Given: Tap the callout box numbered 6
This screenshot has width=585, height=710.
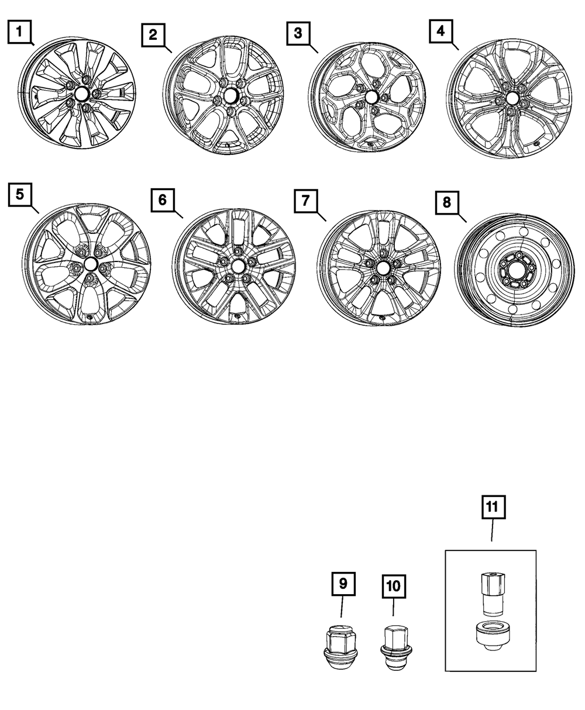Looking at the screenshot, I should [162, 200].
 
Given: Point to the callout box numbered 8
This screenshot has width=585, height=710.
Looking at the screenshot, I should [447, 203].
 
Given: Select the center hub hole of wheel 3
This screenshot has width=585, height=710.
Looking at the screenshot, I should [370, 98].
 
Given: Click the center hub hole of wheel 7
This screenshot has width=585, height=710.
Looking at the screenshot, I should [383, 267].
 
